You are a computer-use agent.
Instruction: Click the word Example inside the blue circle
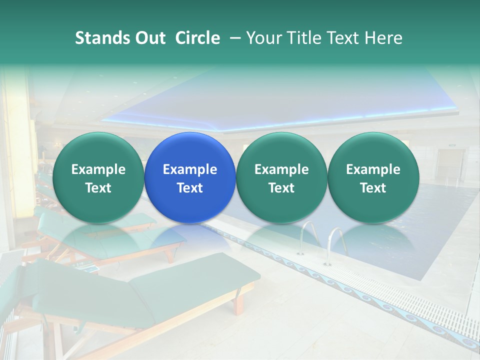tap(189, 169)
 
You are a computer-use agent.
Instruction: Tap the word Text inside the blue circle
tap(189, 188)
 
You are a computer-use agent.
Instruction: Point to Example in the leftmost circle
tap(98, 169)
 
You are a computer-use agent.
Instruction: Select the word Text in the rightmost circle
tap(373, 188)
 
